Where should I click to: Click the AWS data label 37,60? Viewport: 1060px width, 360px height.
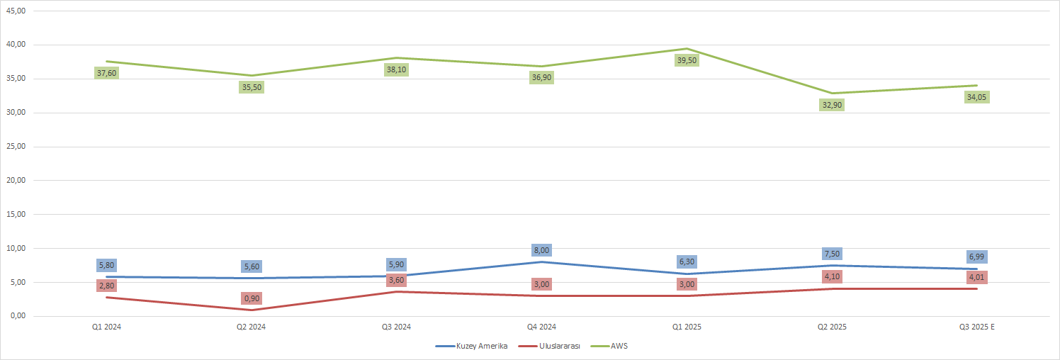click(106, 73)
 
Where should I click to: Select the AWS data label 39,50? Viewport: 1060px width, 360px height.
click(687, 60)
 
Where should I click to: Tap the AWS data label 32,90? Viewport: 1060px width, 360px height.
click(832, 105)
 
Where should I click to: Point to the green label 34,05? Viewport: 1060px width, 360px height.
click(977, 97)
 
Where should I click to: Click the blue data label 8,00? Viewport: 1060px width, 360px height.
click(541, 250)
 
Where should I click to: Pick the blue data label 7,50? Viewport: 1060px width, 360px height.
click(832, 254)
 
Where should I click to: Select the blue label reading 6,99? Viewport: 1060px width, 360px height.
click(977, 257)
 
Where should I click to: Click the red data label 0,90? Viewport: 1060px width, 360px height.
click(252, 298)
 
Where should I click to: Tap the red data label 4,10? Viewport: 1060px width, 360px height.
click(832, 276)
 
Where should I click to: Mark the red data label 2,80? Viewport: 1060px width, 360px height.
click(106, 286)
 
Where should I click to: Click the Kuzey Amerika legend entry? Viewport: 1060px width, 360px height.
click(471, 346)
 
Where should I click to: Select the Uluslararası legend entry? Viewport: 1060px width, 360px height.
click(550, 346)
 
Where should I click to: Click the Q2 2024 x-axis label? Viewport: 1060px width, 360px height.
click(252, 327)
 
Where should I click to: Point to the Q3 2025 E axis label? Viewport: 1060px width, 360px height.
click(977, 327)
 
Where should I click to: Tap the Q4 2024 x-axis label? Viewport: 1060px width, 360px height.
click(541, 327)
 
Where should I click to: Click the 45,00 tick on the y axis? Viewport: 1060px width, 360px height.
click(16, 11)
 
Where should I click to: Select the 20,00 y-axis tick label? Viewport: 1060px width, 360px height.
click(16, 181)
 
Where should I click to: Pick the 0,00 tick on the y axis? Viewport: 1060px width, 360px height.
click(17, 316)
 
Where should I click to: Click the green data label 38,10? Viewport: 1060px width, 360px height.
click(397, 69)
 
